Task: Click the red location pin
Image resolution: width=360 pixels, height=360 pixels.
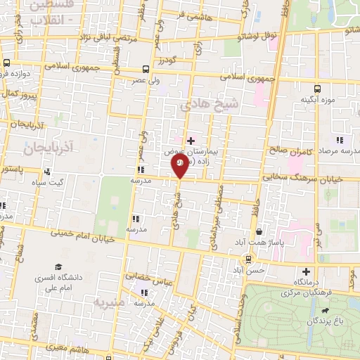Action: pos(179,165)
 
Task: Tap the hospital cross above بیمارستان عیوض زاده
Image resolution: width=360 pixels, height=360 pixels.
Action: pos(191,141)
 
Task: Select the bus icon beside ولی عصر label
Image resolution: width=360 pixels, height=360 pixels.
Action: pos(146,69)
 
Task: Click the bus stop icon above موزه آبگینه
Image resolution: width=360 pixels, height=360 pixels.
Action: pos(317,89)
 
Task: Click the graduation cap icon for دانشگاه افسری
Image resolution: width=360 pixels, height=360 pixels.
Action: pos(59,267)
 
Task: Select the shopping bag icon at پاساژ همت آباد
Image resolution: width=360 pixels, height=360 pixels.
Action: pos(259,231)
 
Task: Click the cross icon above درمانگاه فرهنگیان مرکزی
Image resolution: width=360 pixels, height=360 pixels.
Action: pos(306,271)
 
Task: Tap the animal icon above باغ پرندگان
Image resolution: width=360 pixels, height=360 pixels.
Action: pos(324,309)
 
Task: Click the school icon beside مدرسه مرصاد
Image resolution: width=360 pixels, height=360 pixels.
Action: pos(339,140)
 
